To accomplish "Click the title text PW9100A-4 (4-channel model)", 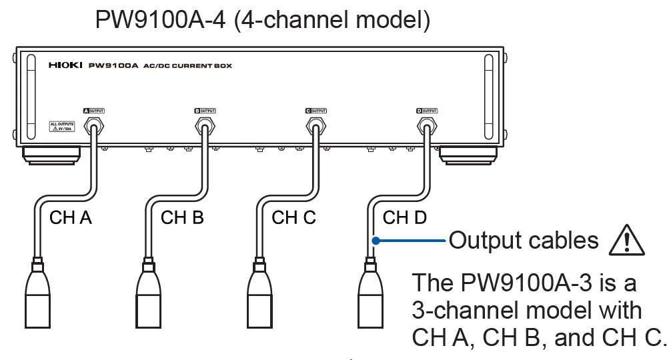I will click(x=263, y=19).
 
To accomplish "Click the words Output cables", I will click(x=524, y=240).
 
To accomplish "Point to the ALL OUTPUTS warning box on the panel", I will click(x=61, y=127).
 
